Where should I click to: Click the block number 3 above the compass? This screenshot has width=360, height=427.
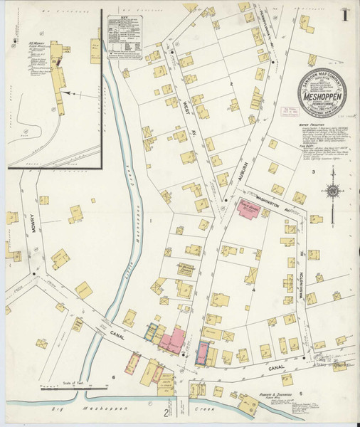point(312,172)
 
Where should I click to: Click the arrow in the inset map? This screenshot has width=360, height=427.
point(67,93)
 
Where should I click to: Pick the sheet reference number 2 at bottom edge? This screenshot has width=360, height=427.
point(166,412)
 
